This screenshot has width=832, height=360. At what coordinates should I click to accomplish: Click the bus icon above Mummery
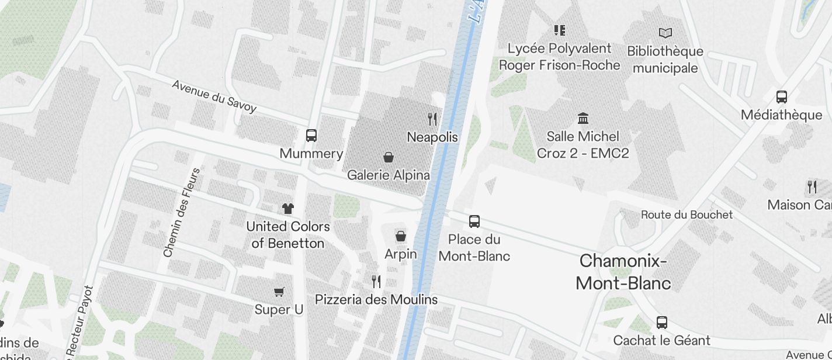[x=311, y=136]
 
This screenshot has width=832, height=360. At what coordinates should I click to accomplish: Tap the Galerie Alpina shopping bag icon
[x=388, y=157]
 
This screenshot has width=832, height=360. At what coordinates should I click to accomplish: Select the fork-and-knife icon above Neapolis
[x=432, y=119]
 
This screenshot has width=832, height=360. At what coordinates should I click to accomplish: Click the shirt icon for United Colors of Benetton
[x=287, y=208]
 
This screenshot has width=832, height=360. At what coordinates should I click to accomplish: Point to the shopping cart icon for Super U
[x=279, y=292]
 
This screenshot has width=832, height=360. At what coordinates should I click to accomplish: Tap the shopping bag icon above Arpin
[x=401, y=236]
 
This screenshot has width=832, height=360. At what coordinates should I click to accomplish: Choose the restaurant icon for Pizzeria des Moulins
[x=376, y=282]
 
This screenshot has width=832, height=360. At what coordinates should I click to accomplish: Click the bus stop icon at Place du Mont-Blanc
[x=474, y=221]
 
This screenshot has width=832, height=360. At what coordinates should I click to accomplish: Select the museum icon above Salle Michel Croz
[x=583, y=119]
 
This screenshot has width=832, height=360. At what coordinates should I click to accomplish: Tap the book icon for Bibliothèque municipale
[x=665, y=33]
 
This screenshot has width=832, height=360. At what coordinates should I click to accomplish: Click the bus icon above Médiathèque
[x=781, y=97]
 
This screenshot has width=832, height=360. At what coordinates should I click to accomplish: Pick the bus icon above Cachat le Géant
[x=661, y=322]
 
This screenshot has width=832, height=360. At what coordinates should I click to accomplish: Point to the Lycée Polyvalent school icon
[x=560, y=30]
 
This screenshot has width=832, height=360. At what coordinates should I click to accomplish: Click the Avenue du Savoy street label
[x=214, y=96]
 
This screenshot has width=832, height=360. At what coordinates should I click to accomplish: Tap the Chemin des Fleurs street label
[x=182, y=213]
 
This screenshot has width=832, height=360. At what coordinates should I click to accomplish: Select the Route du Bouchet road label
[x=687, y=214]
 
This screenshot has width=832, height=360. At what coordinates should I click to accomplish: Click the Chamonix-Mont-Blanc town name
[x=623, y=272]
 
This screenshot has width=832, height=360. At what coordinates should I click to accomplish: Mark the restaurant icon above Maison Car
[x=812, y=187]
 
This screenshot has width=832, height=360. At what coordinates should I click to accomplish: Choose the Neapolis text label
[x=432, y=137]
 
